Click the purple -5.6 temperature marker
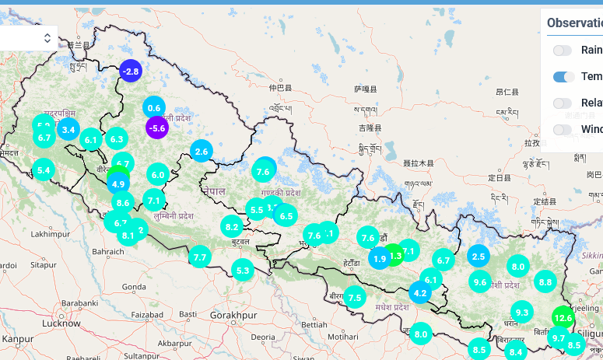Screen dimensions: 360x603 [x=157, y=128]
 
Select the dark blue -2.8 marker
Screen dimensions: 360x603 [x=130, y=72]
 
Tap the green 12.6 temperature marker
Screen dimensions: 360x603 [x=563, y=317]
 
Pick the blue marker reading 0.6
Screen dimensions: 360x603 [x=154, y=108]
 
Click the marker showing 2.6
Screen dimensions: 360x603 [x=202, y=152]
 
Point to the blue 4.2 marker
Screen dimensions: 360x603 [x=420, y=293]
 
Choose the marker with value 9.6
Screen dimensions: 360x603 [x=480, y=282]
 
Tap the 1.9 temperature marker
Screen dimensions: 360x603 [x=379, y=259]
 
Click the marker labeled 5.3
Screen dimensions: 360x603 [x=243, y=271]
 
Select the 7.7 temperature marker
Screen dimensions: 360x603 [x=200, y=257]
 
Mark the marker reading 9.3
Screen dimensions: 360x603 [x=521, y=313]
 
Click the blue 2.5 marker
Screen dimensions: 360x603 [x=479, y=256]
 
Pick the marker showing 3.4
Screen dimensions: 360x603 [x=68, y=129]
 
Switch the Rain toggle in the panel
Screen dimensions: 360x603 [x=563, y=51]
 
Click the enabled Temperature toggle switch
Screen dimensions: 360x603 [x=564, y=76]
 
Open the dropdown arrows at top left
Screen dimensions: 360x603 [x=47, y=37]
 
